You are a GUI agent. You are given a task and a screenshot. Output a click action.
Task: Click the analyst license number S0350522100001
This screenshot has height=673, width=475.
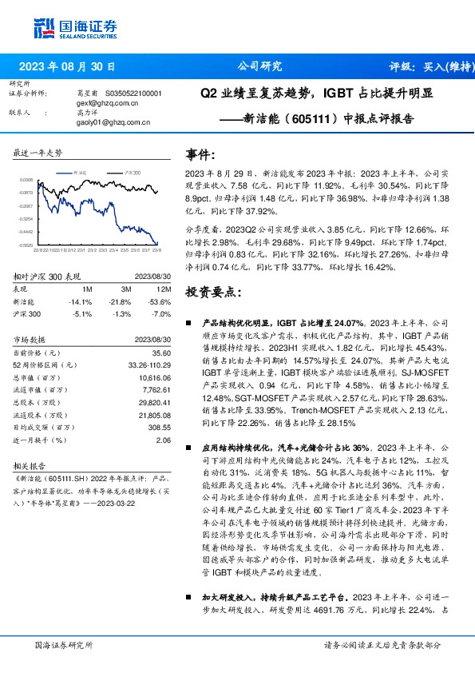coord(134,94)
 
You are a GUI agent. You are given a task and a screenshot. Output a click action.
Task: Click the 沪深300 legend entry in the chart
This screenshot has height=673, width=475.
coord(133,172)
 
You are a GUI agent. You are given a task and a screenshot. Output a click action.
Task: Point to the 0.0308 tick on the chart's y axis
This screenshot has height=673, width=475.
coord(26,181)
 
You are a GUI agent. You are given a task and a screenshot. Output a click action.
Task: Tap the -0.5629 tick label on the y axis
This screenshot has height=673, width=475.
coord(26,245)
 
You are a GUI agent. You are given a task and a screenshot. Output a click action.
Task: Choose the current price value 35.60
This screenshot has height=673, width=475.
coord(163,352)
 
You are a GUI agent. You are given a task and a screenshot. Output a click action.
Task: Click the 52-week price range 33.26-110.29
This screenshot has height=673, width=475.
coord(149,364)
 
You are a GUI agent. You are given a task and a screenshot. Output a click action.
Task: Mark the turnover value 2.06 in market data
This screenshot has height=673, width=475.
coord(164,440)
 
